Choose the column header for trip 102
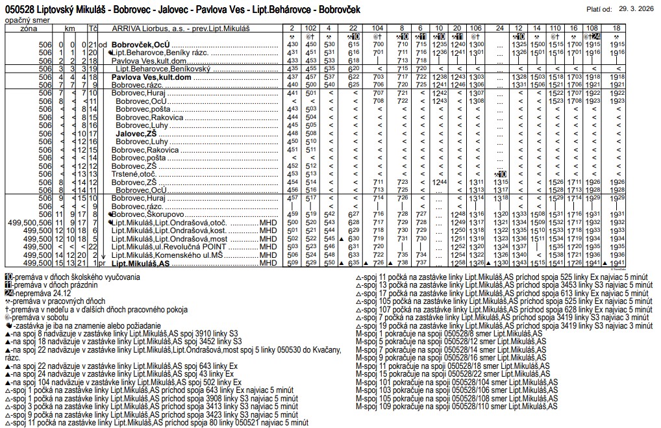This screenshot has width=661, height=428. pos(311,29)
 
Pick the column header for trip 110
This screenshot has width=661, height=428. pos(556,29)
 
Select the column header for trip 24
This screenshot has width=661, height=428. pos(499,29)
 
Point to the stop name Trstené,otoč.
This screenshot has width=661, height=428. pos(135,174)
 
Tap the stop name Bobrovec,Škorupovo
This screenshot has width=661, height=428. pos(149,214)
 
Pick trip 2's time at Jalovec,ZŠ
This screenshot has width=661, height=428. pos(292,133)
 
